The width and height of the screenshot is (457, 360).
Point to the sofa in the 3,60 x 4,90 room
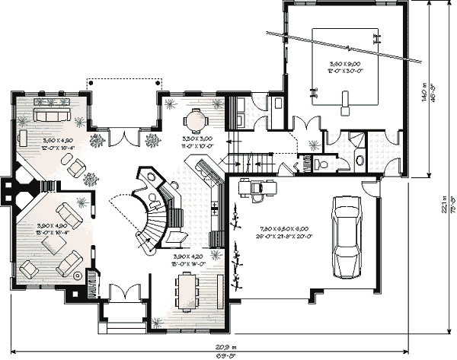click(50, 114)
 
